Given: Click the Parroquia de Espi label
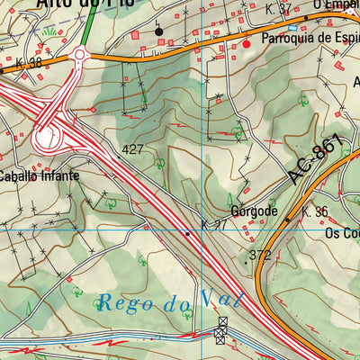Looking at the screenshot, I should pos(310,41).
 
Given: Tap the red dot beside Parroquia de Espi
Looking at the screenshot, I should pos(247,42).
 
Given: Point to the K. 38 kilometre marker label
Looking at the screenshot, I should pos(29,64).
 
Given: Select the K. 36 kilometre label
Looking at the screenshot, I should pos(317,211).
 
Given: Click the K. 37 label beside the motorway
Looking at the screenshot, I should pos(215,224).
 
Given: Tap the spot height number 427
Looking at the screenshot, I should pos(133,149).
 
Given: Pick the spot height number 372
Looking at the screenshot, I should pos(259,256).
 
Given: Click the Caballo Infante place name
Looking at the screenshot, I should pos(39,175).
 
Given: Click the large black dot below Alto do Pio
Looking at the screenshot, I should pos(159,31).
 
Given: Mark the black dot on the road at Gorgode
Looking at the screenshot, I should pos(288,219).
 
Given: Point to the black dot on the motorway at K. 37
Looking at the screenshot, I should pos(187,233).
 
